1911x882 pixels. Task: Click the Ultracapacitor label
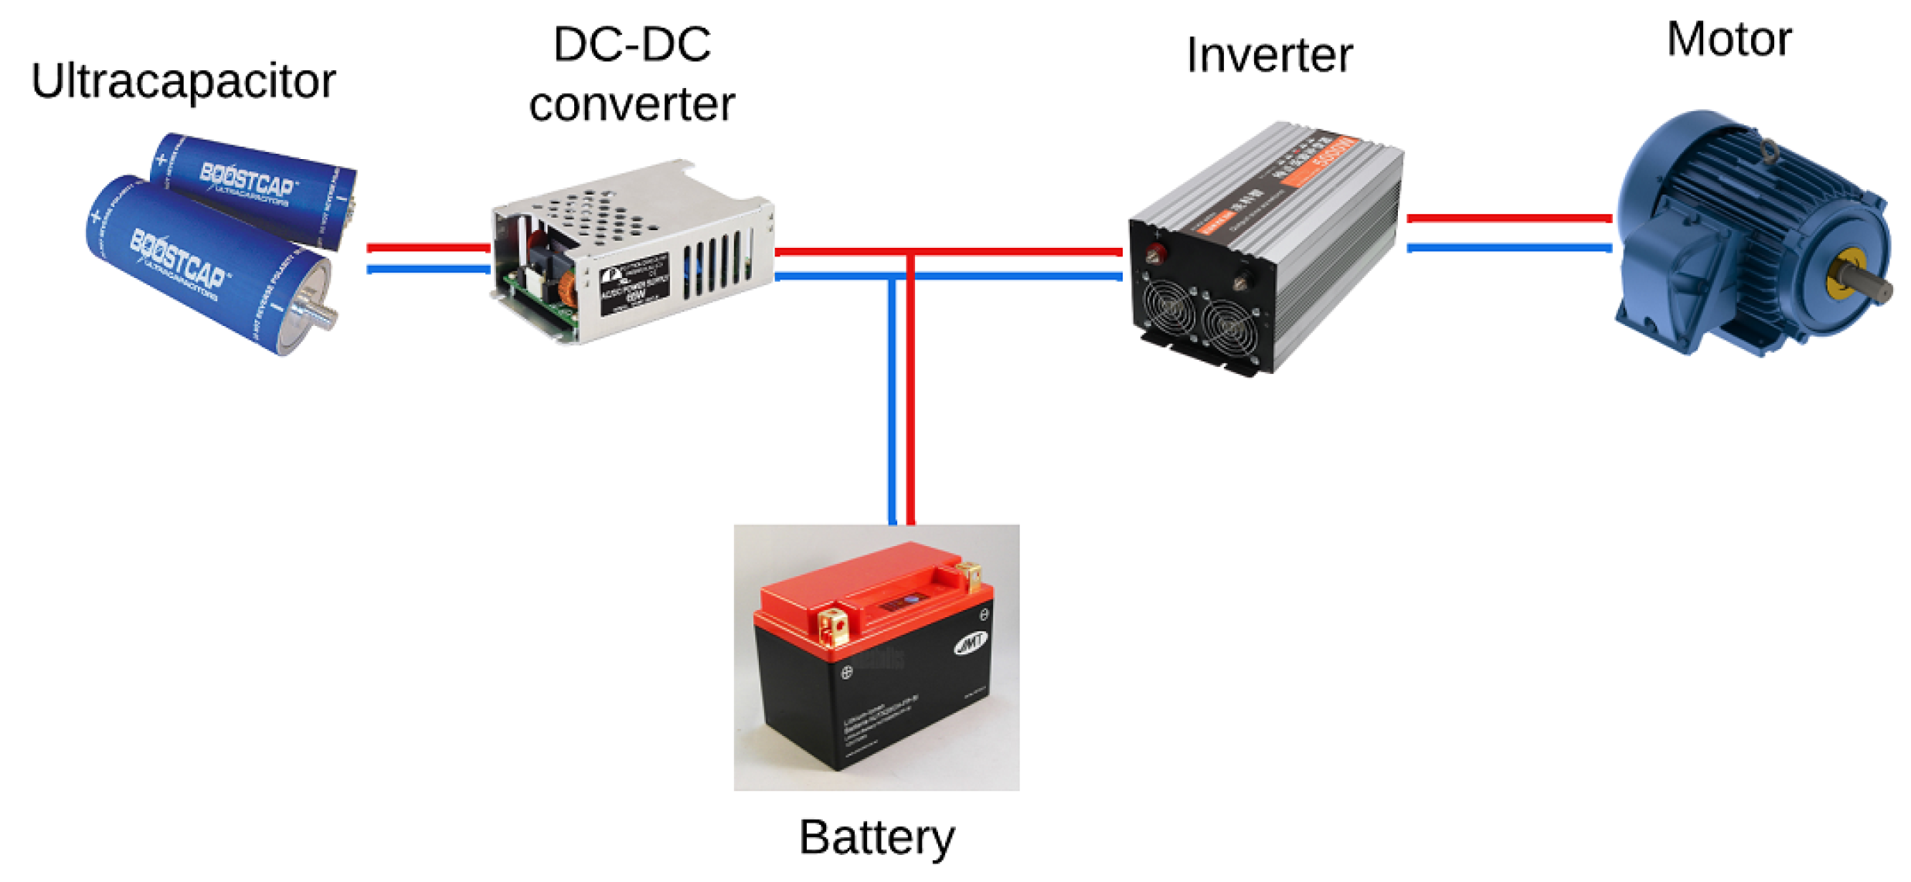click(x=183, y=81)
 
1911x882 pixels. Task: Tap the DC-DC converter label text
click(x=631, y=75)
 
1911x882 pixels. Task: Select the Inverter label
click(x=1269, y=56)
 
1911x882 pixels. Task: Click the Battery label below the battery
click(x=876, y=837)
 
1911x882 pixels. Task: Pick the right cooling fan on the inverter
click(x=1229, y=326)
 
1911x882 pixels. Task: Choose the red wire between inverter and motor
click(x=1508, y=219)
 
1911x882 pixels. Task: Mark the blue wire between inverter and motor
click(x=1508, y=248)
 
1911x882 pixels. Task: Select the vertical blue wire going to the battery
click(x=893, y=402)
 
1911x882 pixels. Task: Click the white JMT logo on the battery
click(x=971, y=643)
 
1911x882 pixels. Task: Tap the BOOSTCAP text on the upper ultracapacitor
click(x=247, y=179)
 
